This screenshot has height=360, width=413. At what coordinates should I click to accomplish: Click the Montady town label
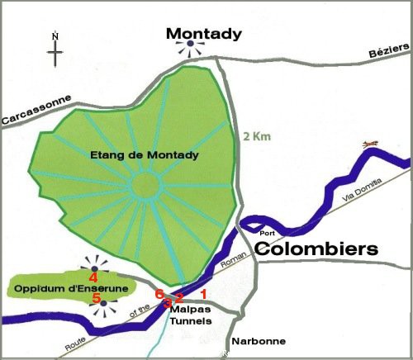(204, 34)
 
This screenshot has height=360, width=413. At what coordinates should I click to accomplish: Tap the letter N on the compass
(55, 36)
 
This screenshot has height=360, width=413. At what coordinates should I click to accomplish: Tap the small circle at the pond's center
(146, 184)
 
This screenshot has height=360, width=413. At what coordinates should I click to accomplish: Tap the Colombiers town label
(316, 249)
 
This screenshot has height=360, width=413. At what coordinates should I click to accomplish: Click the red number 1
(204, 292)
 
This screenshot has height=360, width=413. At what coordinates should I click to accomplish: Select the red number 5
(96, 297)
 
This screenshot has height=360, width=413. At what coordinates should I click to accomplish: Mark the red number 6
(160, 294)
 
